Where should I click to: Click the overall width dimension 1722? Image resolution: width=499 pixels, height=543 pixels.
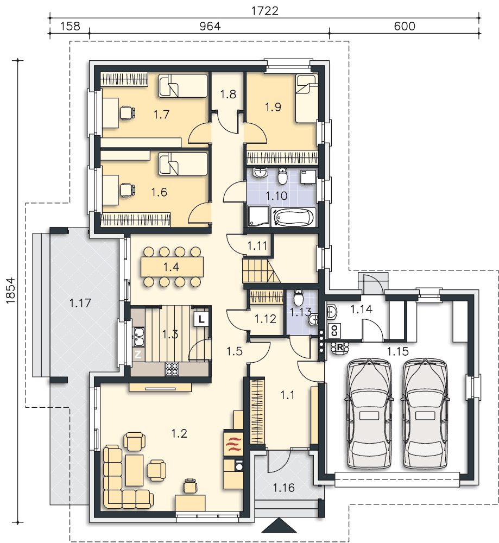pyautogui.click(x=264, y=11)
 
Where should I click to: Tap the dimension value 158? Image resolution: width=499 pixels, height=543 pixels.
pyautogui.click(x=70, y=26)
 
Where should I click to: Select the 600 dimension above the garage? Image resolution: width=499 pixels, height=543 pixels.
pyautogui.click(x=404, y=26)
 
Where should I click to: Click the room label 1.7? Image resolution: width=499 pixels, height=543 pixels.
pyautogui.click(x=161, y=114)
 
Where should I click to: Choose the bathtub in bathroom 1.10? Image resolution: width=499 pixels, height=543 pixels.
pyautogui.click(x=294, y=217)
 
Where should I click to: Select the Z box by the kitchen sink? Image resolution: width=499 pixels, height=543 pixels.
pyautogui.click(x=138, y=354)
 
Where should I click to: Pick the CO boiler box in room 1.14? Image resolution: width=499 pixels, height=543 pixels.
pyautogui.click(x=334, y=330)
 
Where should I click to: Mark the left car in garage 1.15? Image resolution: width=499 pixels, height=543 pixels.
pyautogui.click(x=369, y=414)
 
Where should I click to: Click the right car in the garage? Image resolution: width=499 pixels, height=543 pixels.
pyautogui.click(x=425, y=414)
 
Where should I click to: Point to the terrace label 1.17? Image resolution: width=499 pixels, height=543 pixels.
pyautogui.click(x=80, y=304)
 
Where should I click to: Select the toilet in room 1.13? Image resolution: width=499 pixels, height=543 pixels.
pyautogui.click(x=299, y=297)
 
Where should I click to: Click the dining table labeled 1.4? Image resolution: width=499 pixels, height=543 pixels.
pyautogui.click(x=172, y=267)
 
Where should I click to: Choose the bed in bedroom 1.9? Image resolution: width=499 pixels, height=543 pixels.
pyautogui.click(x=306, y=99)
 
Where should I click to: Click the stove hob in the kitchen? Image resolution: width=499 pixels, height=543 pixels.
pyautogui.click(x=172, y=369)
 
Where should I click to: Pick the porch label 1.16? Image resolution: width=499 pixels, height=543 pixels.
pyautogui.click(x=283, y=488)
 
